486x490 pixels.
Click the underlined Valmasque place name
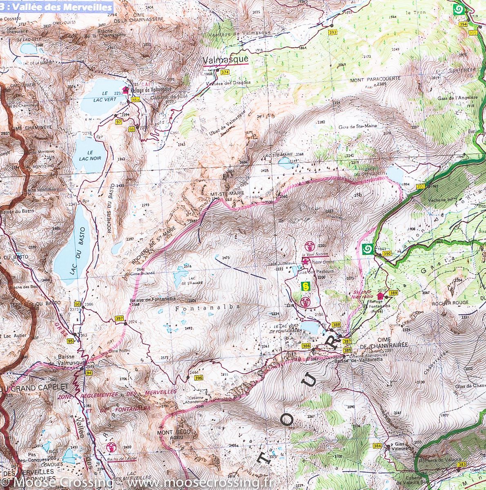[x=225, y=60]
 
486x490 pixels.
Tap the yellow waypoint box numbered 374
[x=225, y=72]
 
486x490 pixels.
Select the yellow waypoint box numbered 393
[x=333, y=32]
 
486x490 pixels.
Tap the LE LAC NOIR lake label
[x=89, y=154]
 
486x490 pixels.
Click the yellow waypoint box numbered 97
[x=119, y=122]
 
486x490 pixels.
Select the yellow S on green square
[x=305, y=286]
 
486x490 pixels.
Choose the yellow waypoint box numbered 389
[x=393, y=293]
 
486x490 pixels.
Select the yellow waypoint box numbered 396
[x=198, y=378]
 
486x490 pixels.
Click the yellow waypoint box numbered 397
[x=119, y=318]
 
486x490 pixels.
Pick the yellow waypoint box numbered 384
[x=377, y=445]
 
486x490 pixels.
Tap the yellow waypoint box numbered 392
[x=421, y=186]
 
